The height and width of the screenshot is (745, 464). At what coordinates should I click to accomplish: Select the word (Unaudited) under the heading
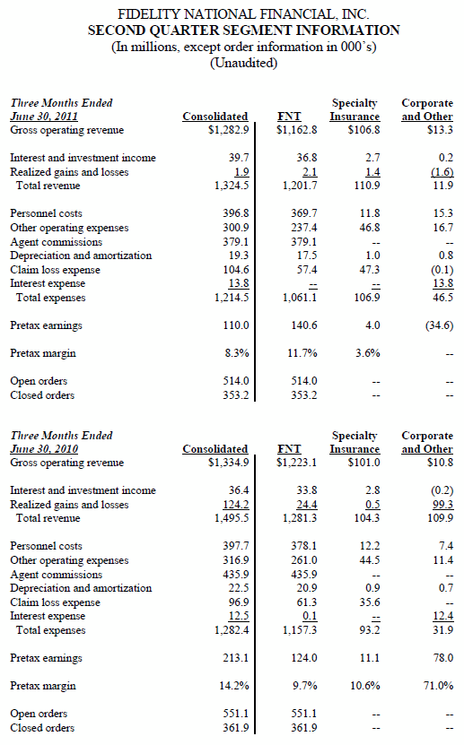pyautogui.click(x=243, y=63)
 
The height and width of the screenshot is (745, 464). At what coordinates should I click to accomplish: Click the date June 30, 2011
pyautogui.click(x=44, y=117)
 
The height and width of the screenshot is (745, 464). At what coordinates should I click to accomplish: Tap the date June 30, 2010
pyautogui.click(x=44, y=449)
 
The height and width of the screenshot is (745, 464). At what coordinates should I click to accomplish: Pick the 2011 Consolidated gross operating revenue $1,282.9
pyautogui.click(x=228, y=130)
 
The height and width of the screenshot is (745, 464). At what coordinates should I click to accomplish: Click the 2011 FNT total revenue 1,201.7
pyautogui.click(x=300, y=186)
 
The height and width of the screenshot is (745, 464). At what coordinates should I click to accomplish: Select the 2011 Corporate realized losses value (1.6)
pyautogui.click(x=442, y=172)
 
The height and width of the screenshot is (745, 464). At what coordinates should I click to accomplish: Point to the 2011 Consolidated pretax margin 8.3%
pyautogui.click(x=237, y=353)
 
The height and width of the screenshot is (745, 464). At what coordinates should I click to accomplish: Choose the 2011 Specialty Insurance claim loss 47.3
pyautogui.click(x=370, y=269)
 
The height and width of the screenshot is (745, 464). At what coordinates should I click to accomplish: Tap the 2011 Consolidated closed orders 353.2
pyautogui.click(x=236, y=394)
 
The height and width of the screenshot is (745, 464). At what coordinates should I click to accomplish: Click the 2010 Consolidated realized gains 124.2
pyautogui.click(x=236, y=505)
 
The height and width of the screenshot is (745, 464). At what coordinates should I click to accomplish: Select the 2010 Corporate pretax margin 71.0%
pyautogui.click(x=438, y=686)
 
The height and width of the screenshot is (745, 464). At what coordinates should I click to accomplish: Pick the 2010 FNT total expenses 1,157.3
pyautogui.click(x=300, y=630)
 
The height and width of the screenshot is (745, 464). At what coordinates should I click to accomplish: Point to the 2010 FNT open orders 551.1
pyautogui.click(x=303, y=713)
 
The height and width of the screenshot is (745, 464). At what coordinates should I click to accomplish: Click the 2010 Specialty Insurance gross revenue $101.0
pyautogui.click(x=363, y=463)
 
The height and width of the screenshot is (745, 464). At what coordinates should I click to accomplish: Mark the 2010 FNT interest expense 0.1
pyautogui.click(x=310, y=616)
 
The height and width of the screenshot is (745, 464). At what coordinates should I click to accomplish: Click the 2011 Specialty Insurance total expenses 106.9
pyautogui.click(x=367, y=298)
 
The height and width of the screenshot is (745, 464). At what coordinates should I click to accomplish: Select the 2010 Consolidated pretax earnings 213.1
pyautogui.click(x=236, y=658)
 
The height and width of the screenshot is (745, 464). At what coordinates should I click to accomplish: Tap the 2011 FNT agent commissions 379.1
pyautogui.click(x=303, y=242)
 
